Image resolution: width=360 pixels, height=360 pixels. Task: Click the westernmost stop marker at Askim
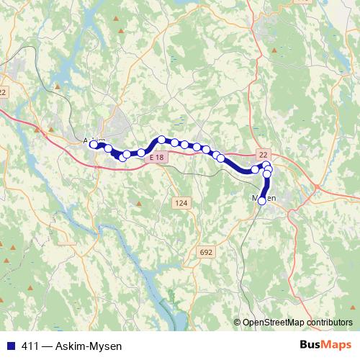click(x=94, y=145)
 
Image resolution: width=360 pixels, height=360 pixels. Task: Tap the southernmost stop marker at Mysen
click(x=262, y=202)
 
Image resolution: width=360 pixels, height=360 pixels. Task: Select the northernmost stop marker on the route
click(x=162, y=140)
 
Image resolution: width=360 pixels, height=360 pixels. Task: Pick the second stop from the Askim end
click(x=109, y=148)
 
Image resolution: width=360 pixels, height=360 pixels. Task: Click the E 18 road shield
click(x=157, y=157)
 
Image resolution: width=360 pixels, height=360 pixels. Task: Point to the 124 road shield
click(x=181, y=204)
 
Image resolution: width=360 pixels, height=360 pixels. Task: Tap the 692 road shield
click(x=206, y=252)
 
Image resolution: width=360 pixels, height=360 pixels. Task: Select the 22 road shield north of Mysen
click(x=263, y=154)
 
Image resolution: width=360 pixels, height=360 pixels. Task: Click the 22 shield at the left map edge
click(x=3, y=92)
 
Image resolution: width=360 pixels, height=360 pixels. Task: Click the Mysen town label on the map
click(x=264, y=198)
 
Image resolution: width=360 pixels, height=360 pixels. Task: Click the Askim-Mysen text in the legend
click(x=81, y=346)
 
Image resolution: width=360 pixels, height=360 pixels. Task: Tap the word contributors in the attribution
click(x=330, y=323)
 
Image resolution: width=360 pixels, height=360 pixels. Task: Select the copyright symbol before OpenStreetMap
click(x=237, y=323)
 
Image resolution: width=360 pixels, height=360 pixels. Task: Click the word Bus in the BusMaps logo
click(x=309, y=345)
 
